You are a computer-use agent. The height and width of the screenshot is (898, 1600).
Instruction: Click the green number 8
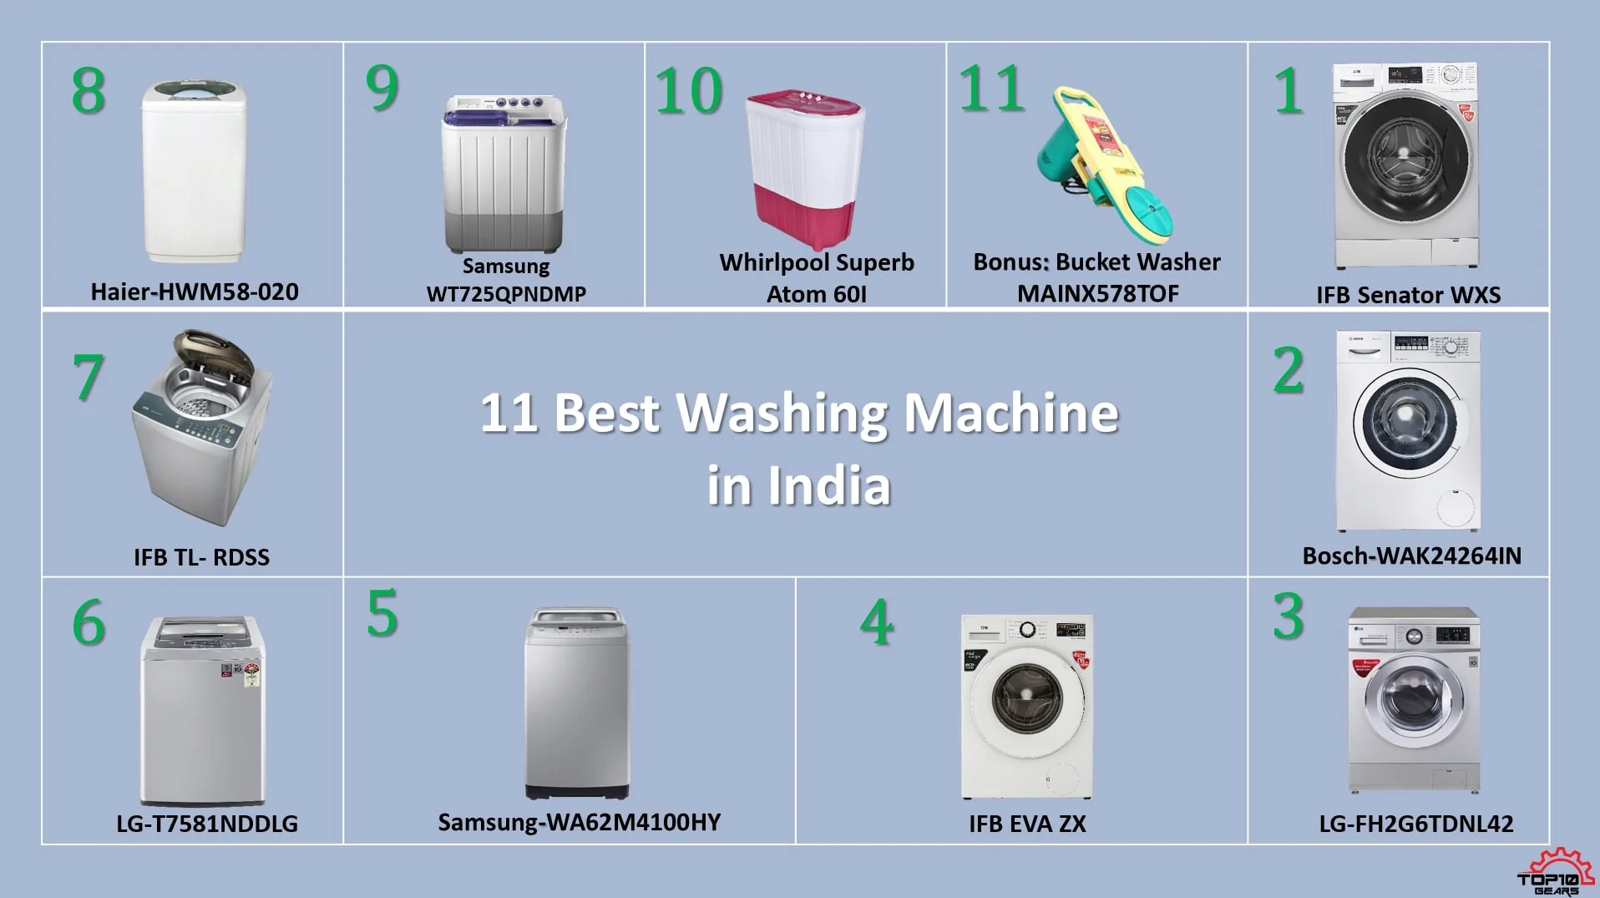tap(89, 90)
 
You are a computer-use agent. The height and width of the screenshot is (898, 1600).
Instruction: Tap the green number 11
tap(991, 88)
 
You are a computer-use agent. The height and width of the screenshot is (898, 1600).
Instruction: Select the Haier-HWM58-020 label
tap(195, 292)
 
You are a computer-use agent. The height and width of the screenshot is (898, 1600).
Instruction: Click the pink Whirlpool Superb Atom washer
tap(805, 167)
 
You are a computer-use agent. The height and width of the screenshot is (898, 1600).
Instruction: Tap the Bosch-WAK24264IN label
tap(1412, 556)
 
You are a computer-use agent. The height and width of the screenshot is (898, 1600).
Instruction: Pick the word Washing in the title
tap(783, 413)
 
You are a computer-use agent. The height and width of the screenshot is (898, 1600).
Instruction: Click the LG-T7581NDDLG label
tap(207, 824)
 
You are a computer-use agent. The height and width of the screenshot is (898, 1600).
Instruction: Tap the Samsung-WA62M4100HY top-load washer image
tap(577, 703)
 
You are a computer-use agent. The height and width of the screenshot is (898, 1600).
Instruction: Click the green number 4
tap(877, 622)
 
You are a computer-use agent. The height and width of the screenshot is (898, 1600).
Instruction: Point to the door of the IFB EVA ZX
tap(1027, 698)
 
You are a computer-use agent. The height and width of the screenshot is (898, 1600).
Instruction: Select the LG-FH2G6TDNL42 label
tap(1416, 824)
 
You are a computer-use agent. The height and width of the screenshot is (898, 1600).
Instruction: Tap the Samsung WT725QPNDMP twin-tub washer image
tap(504, 174)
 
